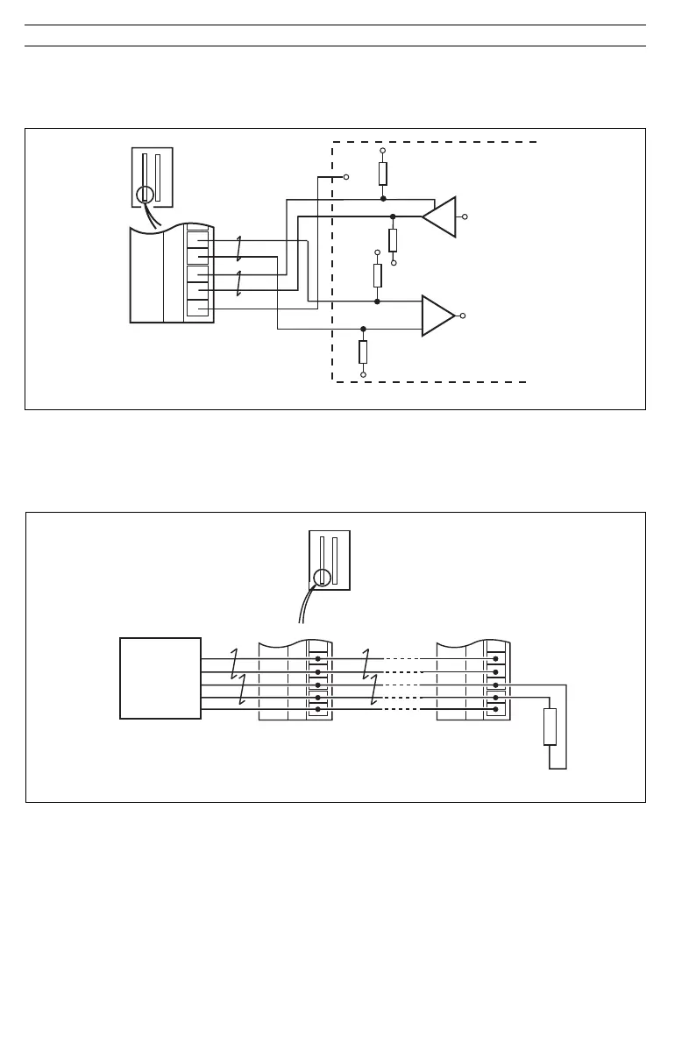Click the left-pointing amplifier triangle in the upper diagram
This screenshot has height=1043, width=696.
click(x=441, y=216)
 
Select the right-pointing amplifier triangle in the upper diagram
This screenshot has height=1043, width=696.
click(x=437, y=316)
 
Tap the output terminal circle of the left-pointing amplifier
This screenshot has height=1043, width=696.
click(x=465, y=216)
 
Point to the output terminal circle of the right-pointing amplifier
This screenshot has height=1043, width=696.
click(x=463, y=316)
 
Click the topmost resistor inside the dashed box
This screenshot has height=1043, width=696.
click(x=383, y=174)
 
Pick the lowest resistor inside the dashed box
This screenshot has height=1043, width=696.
click(x=363, y=351)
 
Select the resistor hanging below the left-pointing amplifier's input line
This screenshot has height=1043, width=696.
click(x=393, y=239)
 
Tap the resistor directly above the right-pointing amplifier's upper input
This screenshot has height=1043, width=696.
click(x=378, y=275)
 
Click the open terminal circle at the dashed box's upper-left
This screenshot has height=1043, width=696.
click(x=346, y=176)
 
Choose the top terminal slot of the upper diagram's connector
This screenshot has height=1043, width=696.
click(x=197, y=239)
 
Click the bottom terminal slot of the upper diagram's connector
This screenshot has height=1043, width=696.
click(x=197, y=309)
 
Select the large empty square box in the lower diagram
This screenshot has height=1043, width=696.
click(x=160, y=678)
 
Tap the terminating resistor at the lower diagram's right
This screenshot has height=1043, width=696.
click(x=550, y=727)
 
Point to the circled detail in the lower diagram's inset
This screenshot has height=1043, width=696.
click(x=323, y=577)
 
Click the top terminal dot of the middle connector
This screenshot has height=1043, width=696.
click(x=317, y=658)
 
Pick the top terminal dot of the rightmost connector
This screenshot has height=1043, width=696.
click(x=496, y=658)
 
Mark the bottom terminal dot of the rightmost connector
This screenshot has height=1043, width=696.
click(x=496, y=709)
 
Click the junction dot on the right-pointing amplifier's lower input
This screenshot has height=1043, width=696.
click(x=363, y=330)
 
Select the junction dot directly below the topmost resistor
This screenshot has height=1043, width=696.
click(x=383, y=199)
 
